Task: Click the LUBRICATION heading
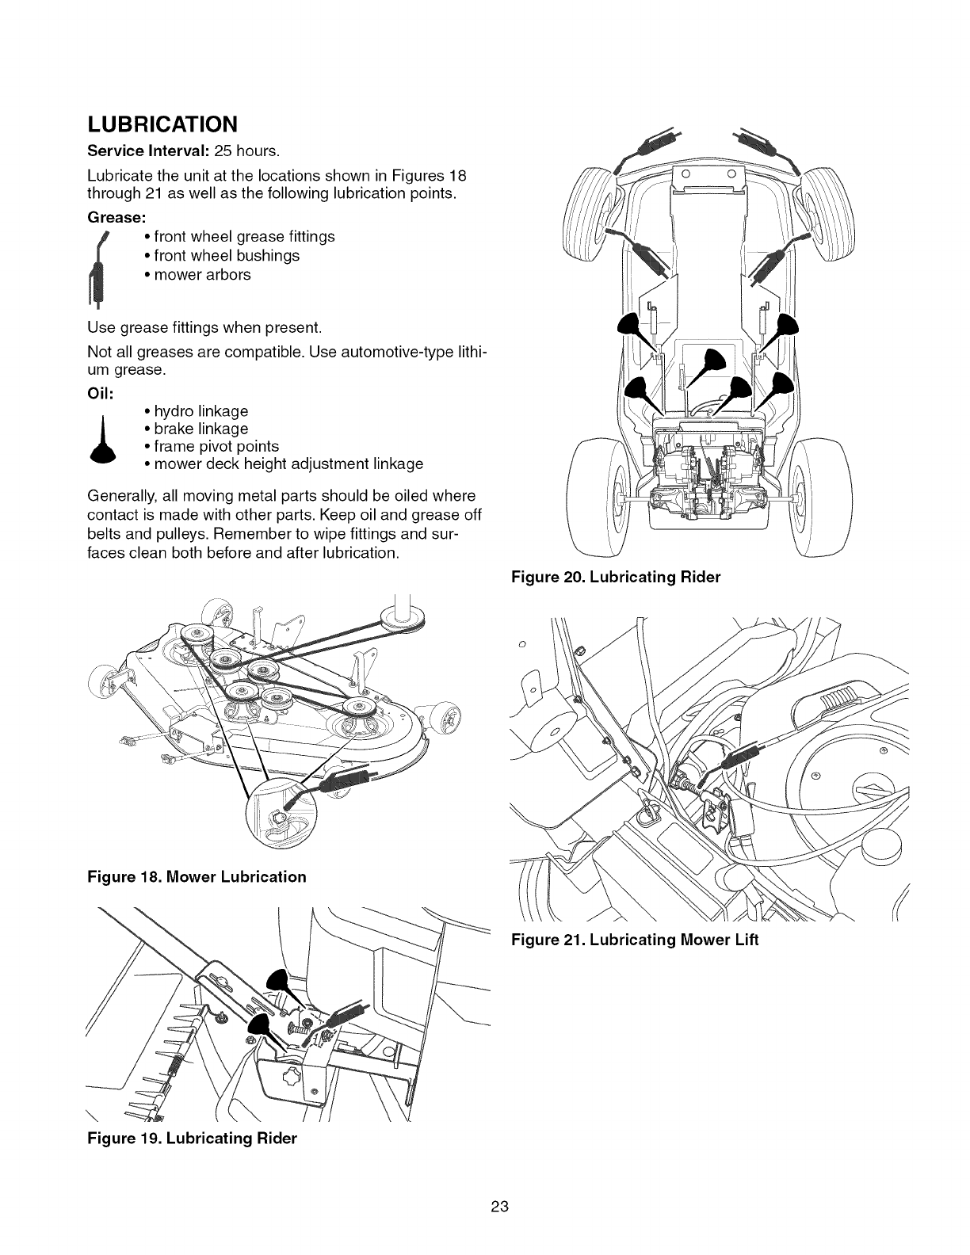pyautogui.click(x=162, y=124)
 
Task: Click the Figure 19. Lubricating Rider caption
pyautogui.click(x=192, y=1139)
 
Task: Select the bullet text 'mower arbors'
pyautogui.click(x=202, y=275)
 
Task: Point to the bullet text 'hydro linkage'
pyautogui.click(x=201, y=411)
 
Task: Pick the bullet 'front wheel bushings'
pyautogui.click(x=227, y=256)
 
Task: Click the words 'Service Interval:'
pyautogui.click(x=139, y=151)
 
